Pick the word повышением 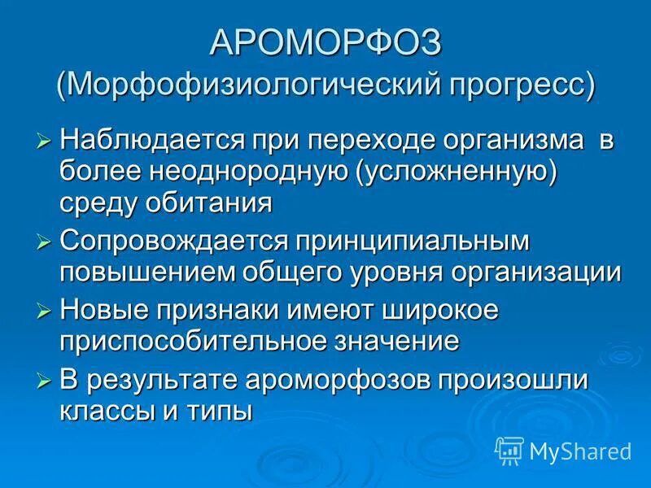point(147,272)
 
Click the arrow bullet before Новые point(45,312)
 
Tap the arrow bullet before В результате point(45,381)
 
